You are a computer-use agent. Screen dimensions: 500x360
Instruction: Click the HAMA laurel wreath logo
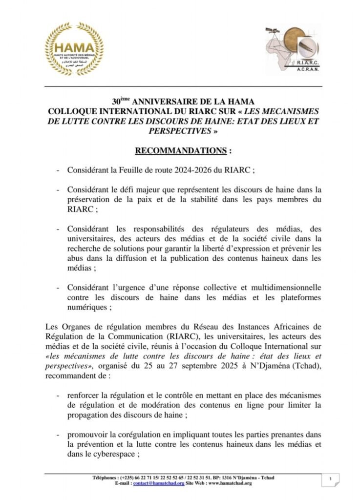pyautogui.click(x=74, y=49)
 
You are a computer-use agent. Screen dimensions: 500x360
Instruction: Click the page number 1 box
pyautogui.click(x=331, y=480)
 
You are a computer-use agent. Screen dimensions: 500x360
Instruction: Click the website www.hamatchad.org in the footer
pyautogui.click(x=224, y=483)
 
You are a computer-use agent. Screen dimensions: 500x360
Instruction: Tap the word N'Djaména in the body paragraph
pyautogui.click(x=280, y=366)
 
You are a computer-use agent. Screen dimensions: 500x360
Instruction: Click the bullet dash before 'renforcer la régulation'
pyautogui.click(x=59, y=394)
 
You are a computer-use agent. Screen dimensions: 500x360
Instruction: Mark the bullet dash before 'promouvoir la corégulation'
pyautogui.click(x=59, y=434)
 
